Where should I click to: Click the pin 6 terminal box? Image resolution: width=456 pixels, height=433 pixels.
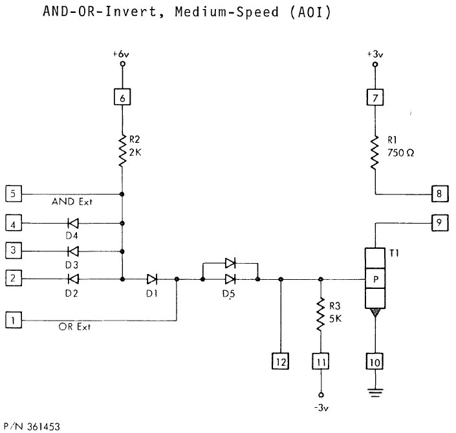click(x=122, y=98)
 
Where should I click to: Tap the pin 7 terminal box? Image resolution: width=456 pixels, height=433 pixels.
click(x=375, y=98)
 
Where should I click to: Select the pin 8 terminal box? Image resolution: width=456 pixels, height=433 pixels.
click(x=440, y=193)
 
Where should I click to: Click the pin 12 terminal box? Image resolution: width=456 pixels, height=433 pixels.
click(x=280, y=361)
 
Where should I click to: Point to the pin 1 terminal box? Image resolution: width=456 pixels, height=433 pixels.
click(x=12, y=319)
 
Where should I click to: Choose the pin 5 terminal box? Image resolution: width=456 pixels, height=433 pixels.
click(x=12, y=193)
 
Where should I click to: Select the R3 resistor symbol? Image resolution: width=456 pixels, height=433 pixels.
click(x=320, y=315)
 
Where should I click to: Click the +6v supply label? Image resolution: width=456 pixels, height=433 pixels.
click(x=121, y=56)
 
